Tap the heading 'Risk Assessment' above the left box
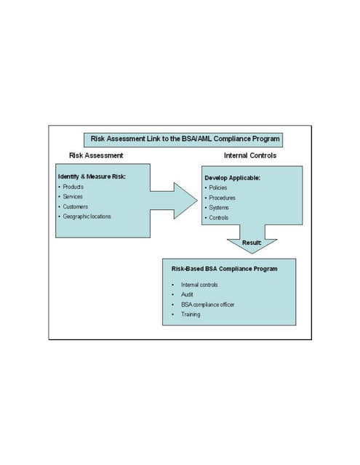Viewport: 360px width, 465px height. point(96,155)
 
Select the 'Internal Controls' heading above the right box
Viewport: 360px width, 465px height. point(249,155)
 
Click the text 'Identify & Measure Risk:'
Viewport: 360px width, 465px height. point(92,177)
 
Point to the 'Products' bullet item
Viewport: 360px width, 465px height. point(73,187)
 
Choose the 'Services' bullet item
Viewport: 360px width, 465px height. point(73,196)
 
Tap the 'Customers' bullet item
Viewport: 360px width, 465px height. point(75,206)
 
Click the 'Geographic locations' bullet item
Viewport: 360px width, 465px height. point(87,217)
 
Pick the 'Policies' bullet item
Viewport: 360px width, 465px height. point(217,187)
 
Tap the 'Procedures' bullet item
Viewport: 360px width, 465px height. point(221,198)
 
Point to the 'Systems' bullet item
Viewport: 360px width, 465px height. point(218,208)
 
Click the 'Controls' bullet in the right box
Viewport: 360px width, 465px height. point(218,218)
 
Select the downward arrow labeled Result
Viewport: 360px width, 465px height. point(252,243)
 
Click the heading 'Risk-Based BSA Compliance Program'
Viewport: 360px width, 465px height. point(224,269)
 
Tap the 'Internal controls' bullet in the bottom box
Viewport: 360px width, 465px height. point(199,285)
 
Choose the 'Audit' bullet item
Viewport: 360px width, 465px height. point(188,294)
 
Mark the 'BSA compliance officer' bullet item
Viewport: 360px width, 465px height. point(208,304)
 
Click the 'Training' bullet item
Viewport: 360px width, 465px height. point(191,315)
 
